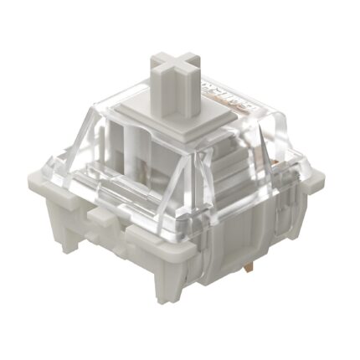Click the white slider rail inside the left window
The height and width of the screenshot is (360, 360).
(x=134, y=155)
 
